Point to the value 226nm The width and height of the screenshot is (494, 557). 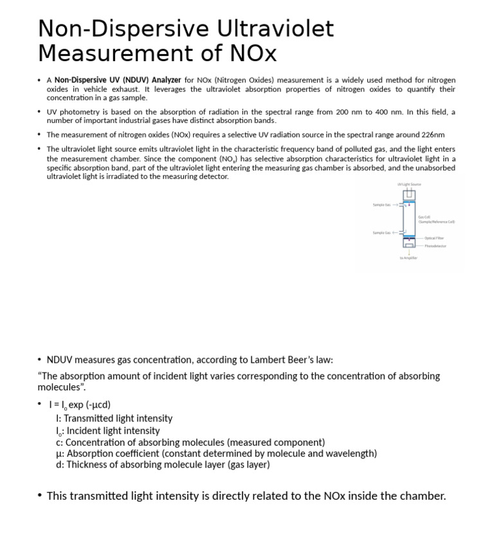click(x=430, y=135)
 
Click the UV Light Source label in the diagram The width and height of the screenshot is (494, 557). click(x=409, y=185)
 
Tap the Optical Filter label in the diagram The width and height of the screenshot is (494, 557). click(x=434, y=238)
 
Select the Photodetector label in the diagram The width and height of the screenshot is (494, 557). click(x=435, y=246)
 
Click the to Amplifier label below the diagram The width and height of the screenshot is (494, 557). click(x=408, y=258)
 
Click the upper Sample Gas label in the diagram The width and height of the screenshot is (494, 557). click(x=381, y=205)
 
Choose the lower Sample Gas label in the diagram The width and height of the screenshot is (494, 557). click(x=381, y=233)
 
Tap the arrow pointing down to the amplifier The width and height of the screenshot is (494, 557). click(x=409, y=252)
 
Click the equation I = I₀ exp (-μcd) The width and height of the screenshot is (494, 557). click(x=80, y=405)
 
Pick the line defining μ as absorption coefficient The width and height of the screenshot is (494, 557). click(x=216, y=453)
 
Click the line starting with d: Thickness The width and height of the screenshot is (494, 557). click(x=163, y=464)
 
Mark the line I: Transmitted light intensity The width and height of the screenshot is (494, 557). click(x=114, y=418)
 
